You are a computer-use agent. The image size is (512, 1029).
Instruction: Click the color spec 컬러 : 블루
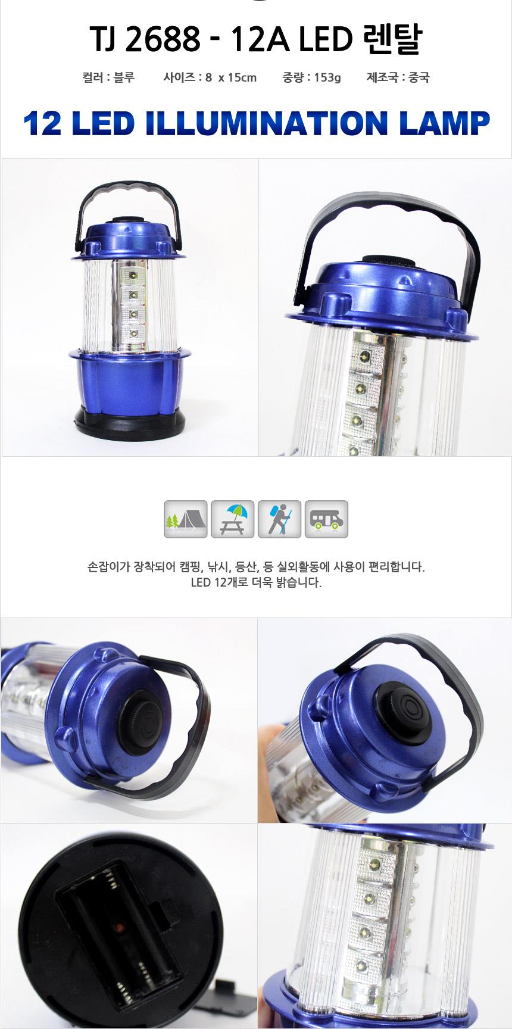[x=108, y=77]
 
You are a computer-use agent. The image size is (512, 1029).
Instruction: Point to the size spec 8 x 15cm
[x=230, y=77]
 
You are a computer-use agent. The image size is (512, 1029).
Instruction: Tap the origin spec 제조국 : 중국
[x=398, y=77]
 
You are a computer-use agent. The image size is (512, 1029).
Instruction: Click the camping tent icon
[x=186, y=519]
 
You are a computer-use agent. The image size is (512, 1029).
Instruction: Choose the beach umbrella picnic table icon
[x=233, y=519]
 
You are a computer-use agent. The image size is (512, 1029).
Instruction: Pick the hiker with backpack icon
[x=279, y=519]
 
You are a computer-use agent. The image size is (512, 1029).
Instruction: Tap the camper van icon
[x=326, y=519]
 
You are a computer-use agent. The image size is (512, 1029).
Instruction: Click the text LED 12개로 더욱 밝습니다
[x=256, y=582]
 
